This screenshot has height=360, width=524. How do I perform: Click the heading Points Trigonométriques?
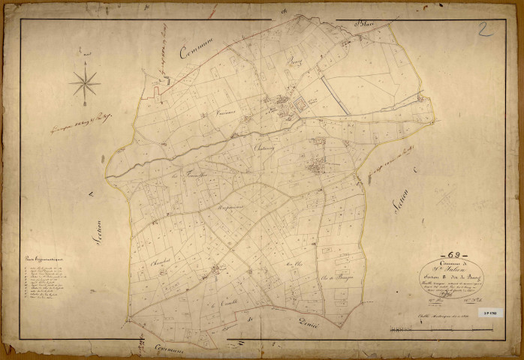42,259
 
